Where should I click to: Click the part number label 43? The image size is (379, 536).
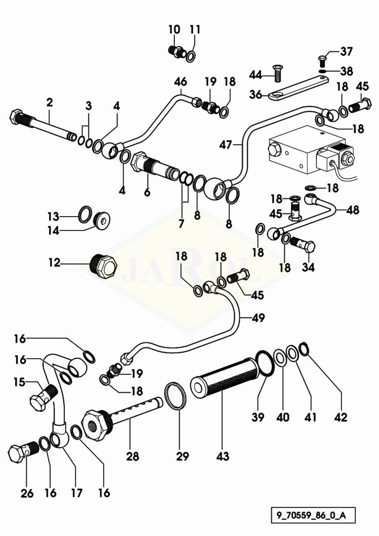(x=223, y=456)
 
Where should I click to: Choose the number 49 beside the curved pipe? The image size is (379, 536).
(x=258, y=318)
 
